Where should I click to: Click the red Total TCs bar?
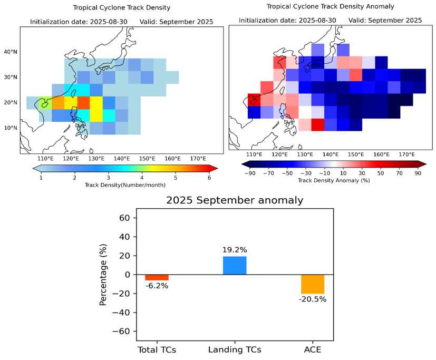coord(157,277)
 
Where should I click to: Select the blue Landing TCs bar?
coord(235,265)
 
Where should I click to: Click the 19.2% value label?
coord(235,250)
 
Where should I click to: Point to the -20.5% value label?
coord(313,299)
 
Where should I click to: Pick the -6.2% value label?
coord(157,286)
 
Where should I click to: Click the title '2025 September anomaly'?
coord(235,200)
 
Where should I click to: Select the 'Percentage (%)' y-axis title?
coord(103,275)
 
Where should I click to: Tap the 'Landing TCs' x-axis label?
coord(235,349)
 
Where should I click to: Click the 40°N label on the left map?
coord(11,52)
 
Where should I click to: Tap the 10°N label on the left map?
coord(11,128)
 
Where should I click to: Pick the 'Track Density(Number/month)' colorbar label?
coord(124,185)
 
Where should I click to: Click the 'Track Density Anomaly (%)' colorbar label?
coord(333,180)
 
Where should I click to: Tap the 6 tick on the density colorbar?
coord(209,177)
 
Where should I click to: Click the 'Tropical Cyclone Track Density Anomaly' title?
coord(330,6)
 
